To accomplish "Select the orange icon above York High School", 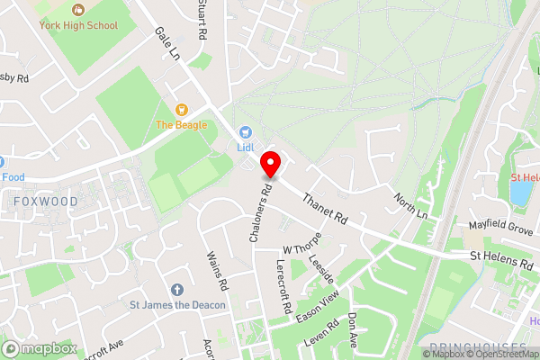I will point(78,10).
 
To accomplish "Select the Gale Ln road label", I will point(168,43).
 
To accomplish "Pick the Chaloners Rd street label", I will point(259,214).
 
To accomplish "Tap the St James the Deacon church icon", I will point(176,290).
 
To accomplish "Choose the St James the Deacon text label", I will point(176,305).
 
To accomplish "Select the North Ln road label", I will point(410,206).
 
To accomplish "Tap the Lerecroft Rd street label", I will point(283,287).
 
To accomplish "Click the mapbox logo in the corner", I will point(38,348).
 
